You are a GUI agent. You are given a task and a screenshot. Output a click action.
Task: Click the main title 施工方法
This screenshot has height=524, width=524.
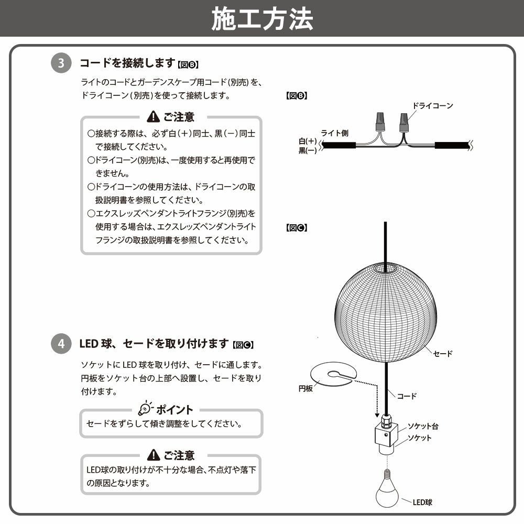pos(262,19)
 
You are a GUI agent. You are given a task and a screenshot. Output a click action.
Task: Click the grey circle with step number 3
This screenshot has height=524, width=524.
pos(61,64)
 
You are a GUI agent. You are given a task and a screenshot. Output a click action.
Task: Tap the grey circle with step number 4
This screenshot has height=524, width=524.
pos(61,344)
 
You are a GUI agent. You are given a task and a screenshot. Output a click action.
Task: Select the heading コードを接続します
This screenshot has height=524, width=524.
pos(127,63)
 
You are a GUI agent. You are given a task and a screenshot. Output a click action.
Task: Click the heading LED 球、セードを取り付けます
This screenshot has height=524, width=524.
pos(155,344)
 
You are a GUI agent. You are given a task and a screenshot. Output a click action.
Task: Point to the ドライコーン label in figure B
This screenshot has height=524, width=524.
pos(433,105)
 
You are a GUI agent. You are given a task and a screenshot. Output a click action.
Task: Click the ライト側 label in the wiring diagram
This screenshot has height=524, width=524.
pos(334,133)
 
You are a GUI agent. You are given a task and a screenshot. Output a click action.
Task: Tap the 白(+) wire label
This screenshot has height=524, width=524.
pos(308,141)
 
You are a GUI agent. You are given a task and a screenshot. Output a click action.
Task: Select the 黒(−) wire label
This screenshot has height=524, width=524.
pos(308,150)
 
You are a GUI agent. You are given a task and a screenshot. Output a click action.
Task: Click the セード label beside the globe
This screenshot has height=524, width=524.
pos(443,354)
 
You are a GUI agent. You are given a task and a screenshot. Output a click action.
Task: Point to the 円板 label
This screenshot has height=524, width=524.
pos(305,389)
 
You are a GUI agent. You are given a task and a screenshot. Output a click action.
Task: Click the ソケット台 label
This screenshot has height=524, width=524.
pos(423,427)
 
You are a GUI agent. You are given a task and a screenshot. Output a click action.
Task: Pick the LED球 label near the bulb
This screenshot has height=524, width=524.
pos(422,502)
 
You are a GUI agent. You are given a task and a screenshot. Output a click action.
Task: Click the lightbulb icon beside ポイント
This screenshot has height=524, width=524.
pos(145,408)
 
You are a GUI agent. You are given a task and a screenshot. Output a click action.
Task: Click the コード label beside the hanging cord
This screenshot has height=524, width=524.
pos(407,396)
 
